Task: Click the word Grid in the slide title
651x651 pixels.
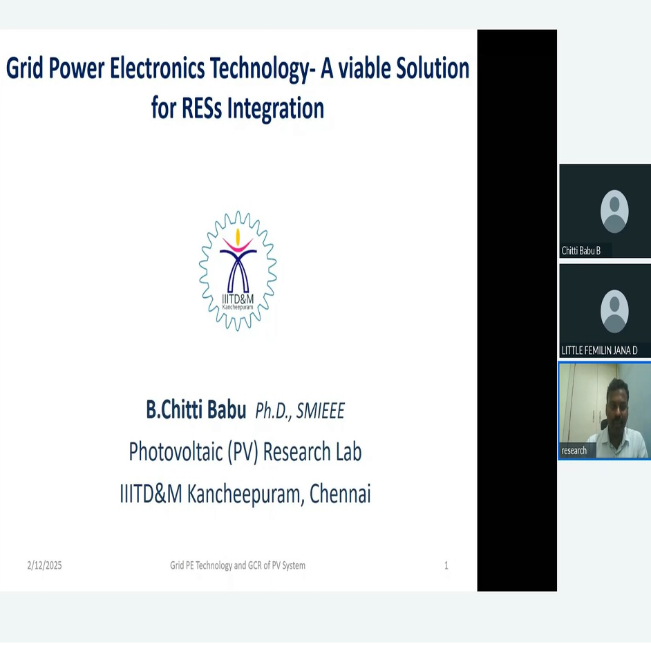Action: point(24,68)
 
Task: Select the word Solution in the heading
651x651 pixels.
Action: point(433,68)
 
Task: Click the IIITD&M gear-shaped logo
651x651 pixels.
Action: point(238,271)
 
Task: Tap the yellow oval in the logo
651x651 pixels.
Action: point(238,237)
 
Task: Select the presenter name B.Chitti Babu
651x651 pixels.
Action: point(196,410)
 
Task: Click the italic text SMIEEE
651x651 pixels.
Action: point(320,411)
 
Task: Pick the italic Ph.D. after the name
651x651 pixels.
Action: point(274,411)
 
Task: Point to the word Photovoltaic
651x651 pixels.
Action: point(176,451)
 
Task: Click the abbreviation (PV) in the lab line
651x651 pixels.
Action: point(243,452)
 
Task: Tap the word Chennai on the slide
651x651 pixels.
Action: point(340,493)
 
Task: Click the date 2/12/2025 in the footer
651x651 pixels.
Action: point(44,565)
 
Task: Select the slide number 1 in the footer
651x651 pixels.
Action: point(446,565)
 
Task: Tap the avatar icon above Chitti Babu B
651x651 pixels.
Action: point(614,211)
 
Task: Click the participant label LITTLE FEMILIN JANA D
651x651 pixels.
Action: point(600,350)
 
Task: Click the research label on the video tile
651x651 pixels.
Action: point(574,451)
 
